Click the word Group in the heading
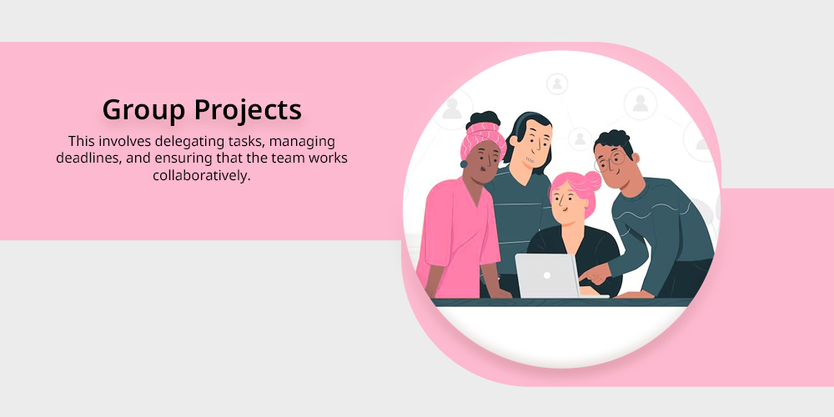click(x=143, y=111)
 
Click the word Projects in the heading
click(x=248, y=111)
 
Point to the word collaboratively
click(x=202, y=175)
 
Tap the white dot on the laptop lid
click(x=546, y=275)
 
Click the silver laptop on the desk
click(x=548, y=276)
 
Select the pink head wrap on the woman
click(x=482, y=138)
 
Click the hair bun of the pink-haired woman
click(x=591, y=180)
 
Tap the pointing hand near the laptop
click(x=594, y=274)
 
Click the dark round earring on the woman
click(x=464, y=164)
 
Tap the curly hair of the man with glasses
click(x=613, y=141)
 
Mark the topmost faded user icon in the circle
click(x=557, y=84)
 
